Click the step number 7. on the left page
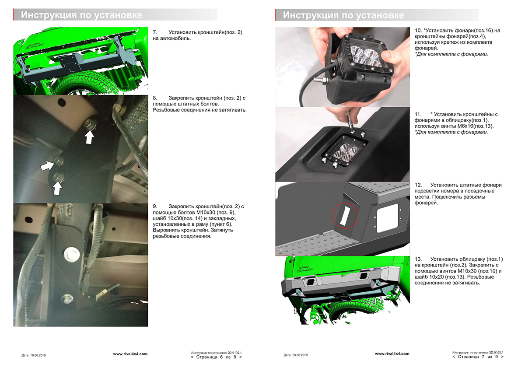pos(155,32)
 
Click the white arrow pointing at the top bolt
pos(89,137)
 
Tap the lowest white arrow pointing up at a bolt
pos(57,188)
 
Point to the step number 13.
pos(418,259)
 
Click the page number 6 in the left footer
pos(221,357)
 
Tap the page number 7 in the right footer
pos(483,357)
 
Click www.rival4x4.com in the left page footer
pos(130,354)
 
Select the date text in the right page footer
pos(296,355)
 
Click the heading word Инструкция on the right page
pos(310,15)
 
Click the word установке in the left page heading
pos(118,15)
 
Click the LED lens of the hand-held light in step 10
pos(366,55)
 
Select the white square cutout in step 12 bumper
pos(388,218)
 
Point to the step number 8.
pos(155,98)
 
